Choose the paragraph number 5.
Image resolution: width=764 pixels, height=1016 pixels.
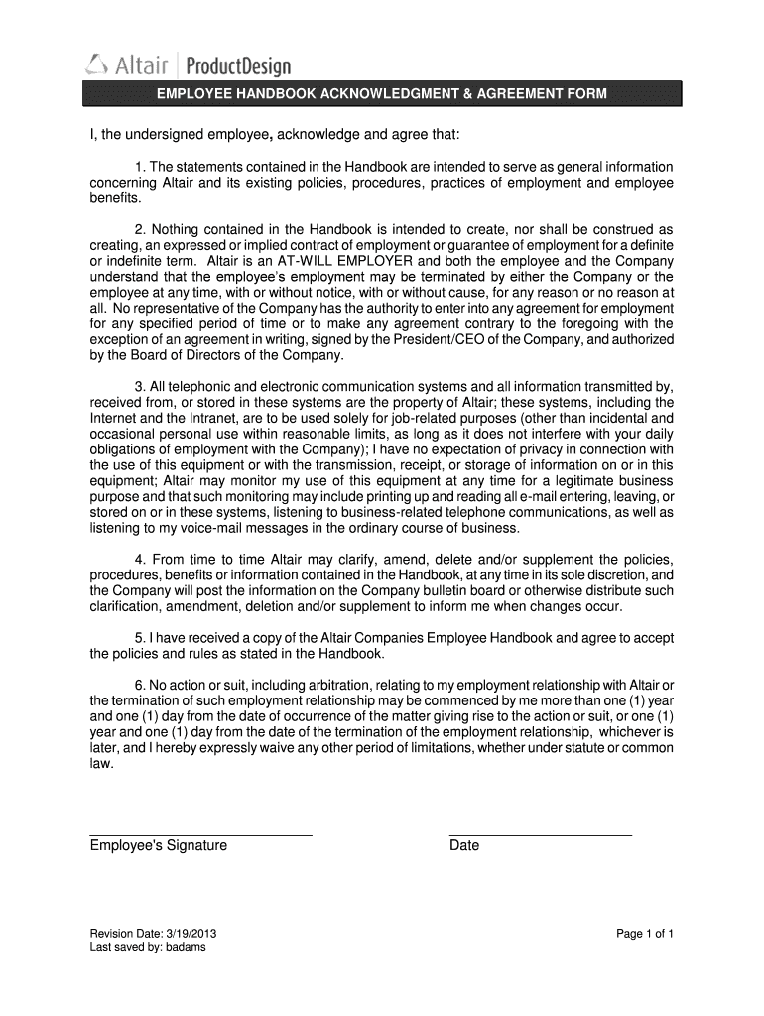coord(139,637)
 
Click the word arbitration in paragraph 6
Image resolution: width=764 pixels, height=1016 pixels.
coord(331,685)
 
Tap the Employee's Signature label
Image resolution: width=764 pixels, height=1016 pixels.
coord(159,846)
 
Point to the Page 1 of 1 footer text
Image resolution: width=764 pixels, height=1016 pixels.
coord(645,934)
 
